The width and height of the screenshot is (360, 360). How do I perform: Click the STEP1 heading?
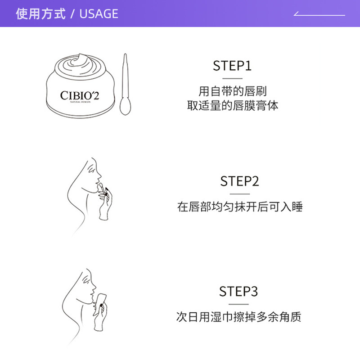pos(232,66)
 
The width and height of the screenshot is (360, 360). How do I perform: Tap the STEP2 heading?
pos(239,181)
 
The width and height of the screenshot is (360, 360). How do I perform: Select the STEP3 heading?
pos(238,291)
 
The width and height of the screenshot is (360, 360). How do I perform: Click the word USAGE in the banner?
pos(99,14)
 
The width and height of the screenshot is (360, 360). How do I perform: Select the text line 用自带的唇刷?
pos(233,91)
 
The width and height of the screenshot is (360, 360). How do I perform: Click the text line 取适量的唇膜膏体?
pos(233,106)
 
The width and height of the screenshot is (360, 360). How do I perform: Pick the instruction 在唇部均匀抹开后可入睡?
pos(240,207)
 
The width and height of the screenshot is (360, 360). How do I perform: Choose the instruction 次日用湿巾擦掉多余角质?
pos(238,317)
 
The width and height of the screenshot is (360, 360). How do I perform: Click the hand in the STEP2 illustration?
pos(106,205)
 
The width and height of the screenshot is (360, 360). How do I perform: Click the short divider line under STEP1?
pos(232,78)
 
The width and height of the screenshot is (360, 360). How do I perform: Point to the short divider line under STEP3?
pos(238,304)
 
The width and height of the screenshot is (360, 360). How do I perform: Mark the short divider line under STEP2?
pos(239,194)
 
